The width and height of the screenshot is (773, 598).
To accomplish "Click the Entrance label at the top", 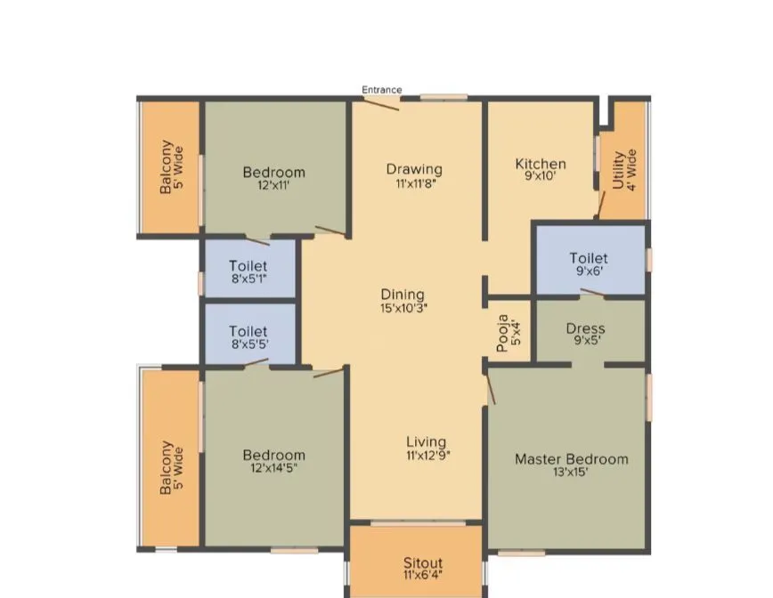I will point(381,90).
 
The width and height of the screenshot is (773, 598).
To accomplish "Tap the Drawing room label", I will point(414,169).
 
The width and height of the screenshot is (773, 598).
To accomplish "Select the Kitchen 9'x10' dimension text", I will point(541,178).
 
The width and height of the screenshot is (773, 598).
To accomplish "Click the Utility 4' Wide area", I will point(624,169).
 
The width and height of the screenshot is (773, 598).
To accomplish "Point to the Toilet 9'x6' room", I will point(589,264).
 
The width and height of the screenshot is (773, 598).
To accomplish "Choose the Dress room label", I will point(585,328).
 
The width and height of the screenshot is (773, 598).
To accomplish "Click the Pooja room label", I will point(505,332).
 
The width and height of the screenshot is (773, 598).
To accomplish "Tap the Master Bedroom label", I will point(571,459).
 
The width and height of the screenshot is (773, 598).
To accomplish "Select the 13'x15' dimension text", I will point(571,473).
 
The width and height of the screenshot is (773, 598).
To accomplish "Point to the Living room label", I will point(427,442).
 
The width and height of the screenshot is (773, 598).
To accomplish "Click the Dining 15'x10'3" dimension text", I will point(403,308).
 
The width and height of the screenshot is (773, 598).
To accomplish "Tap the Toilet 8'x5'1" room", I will point(248,271).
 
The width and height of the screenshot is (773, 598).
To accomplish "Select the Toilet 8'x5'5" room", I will point(248,336).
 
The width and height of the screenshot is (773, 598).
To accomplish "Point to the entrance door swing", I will point(381,102).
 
